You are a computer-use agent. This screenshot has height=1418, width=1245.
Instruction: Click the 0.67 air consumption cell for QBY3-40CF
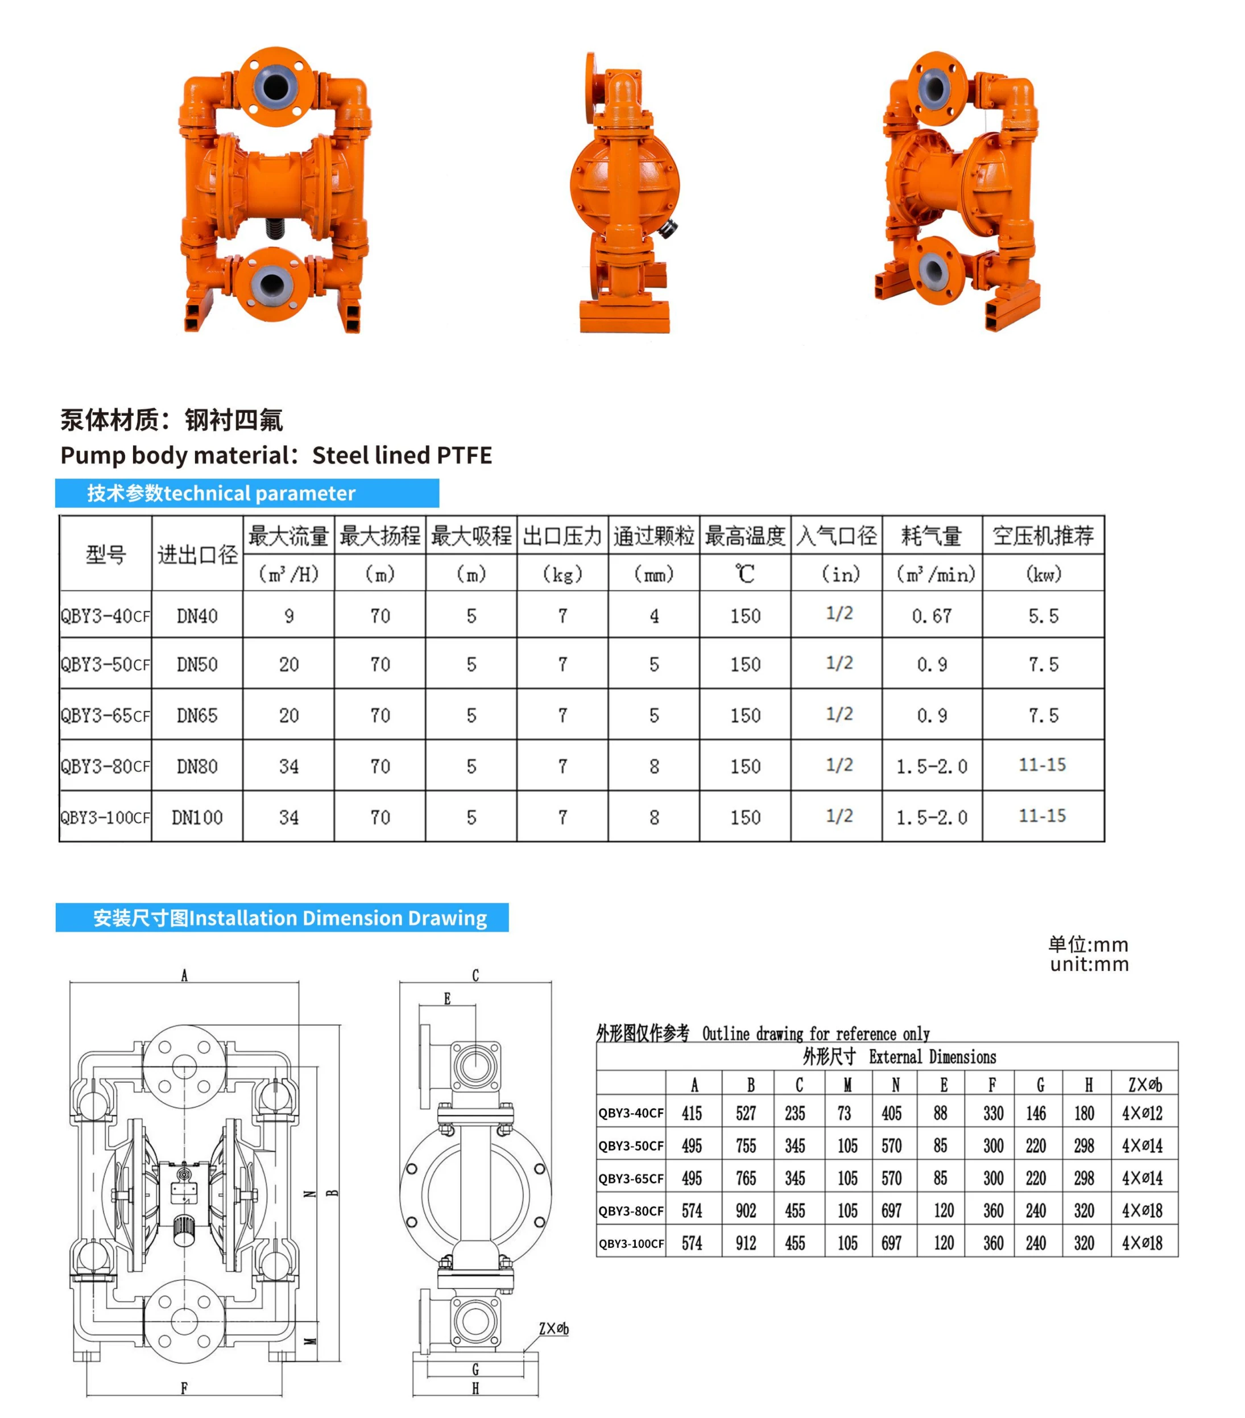[932, 615]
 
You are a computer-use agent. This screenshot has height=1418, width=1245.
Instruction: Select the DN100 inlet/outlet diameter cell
[197, 817]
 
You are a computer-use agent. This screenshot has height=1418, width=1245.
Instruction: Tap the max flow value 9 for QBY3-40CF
[288, 615]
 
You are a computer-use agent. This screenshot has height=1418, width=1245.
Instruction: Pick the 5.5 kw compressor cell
[1043, 615]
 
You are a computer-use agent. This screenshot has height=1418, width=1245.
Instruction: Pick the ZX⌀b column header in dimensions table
[1144, 1084]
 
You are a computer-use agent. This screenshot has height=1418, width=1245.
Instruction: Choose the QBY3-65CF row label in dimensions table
[631, 1179]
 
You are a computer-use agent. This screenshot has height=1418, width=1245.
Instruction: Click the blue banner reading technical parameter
[247, 493]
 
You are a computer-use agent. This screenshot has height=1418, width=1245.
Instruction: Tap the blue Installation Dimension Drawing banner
[282, 918]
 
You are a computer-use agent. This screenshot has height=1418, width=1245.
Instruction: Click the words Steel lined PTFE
[402, 455]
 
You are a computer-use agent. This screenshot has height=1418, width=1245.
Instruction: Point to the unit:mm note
[1089, 964]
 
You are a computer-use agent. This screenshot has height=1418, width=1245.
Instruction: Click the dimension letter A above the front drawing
[184, 975]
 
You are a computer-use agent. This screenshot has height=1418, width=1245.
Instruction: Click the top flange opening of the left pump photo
[275, 86]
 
